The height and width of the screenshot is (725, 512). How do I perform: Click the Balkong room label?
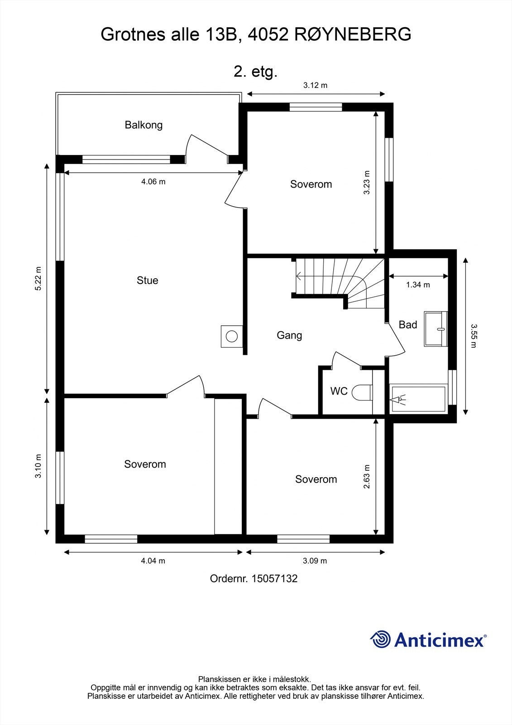[x=144, y=125]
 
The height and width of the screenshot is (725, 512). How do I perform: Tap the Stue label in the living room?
[x=148, y=280]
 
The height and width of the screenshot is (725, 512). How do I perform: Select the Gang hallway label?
[x=289, y=335]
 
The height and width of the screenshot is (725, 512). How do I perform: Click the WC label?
[x=339, y=391]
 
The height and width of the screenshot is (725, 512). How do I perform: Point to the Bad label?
[x=408, y=324]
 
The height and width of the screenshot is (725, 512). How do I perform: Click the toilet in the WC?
[x=362, y=392]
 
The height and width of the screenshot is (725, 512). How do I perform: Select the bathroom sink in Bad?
[x=436, y=329]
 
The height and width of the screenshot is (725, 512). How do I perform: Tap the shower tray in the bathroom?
[x=418, y=399]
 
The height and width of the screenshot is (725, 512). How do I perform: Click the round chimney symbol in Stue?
[x=232, y=336]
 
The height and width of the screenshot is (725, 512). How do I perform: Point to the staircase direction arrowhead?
[x=298, y=276]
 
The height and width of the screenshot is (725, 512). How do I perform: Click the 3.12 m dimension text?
[x=316, y=86]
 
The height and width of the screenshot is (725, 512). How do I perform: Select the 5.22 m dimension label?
[x=38, y=278]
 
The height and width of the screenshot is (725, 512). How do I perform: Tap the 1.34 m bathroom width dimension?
[x=418, y=285]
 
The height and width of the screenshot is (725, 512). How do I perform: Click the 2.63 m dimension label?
[x=366, y=477]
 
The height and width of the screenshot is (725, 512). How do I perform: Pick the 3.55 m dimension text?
[x=474, y=336]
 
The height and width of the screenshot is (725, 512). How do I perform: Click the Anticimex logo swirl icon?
[x=380, y=639]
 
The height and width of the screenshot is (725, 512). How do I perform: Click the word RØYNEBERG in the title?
[x=353, y=34]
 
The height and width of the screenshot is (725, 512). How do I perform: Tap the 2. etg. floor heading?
[x=255, y=72]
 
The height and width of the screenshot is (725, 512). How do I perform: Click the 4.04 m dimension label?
[x=153, y=561]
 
